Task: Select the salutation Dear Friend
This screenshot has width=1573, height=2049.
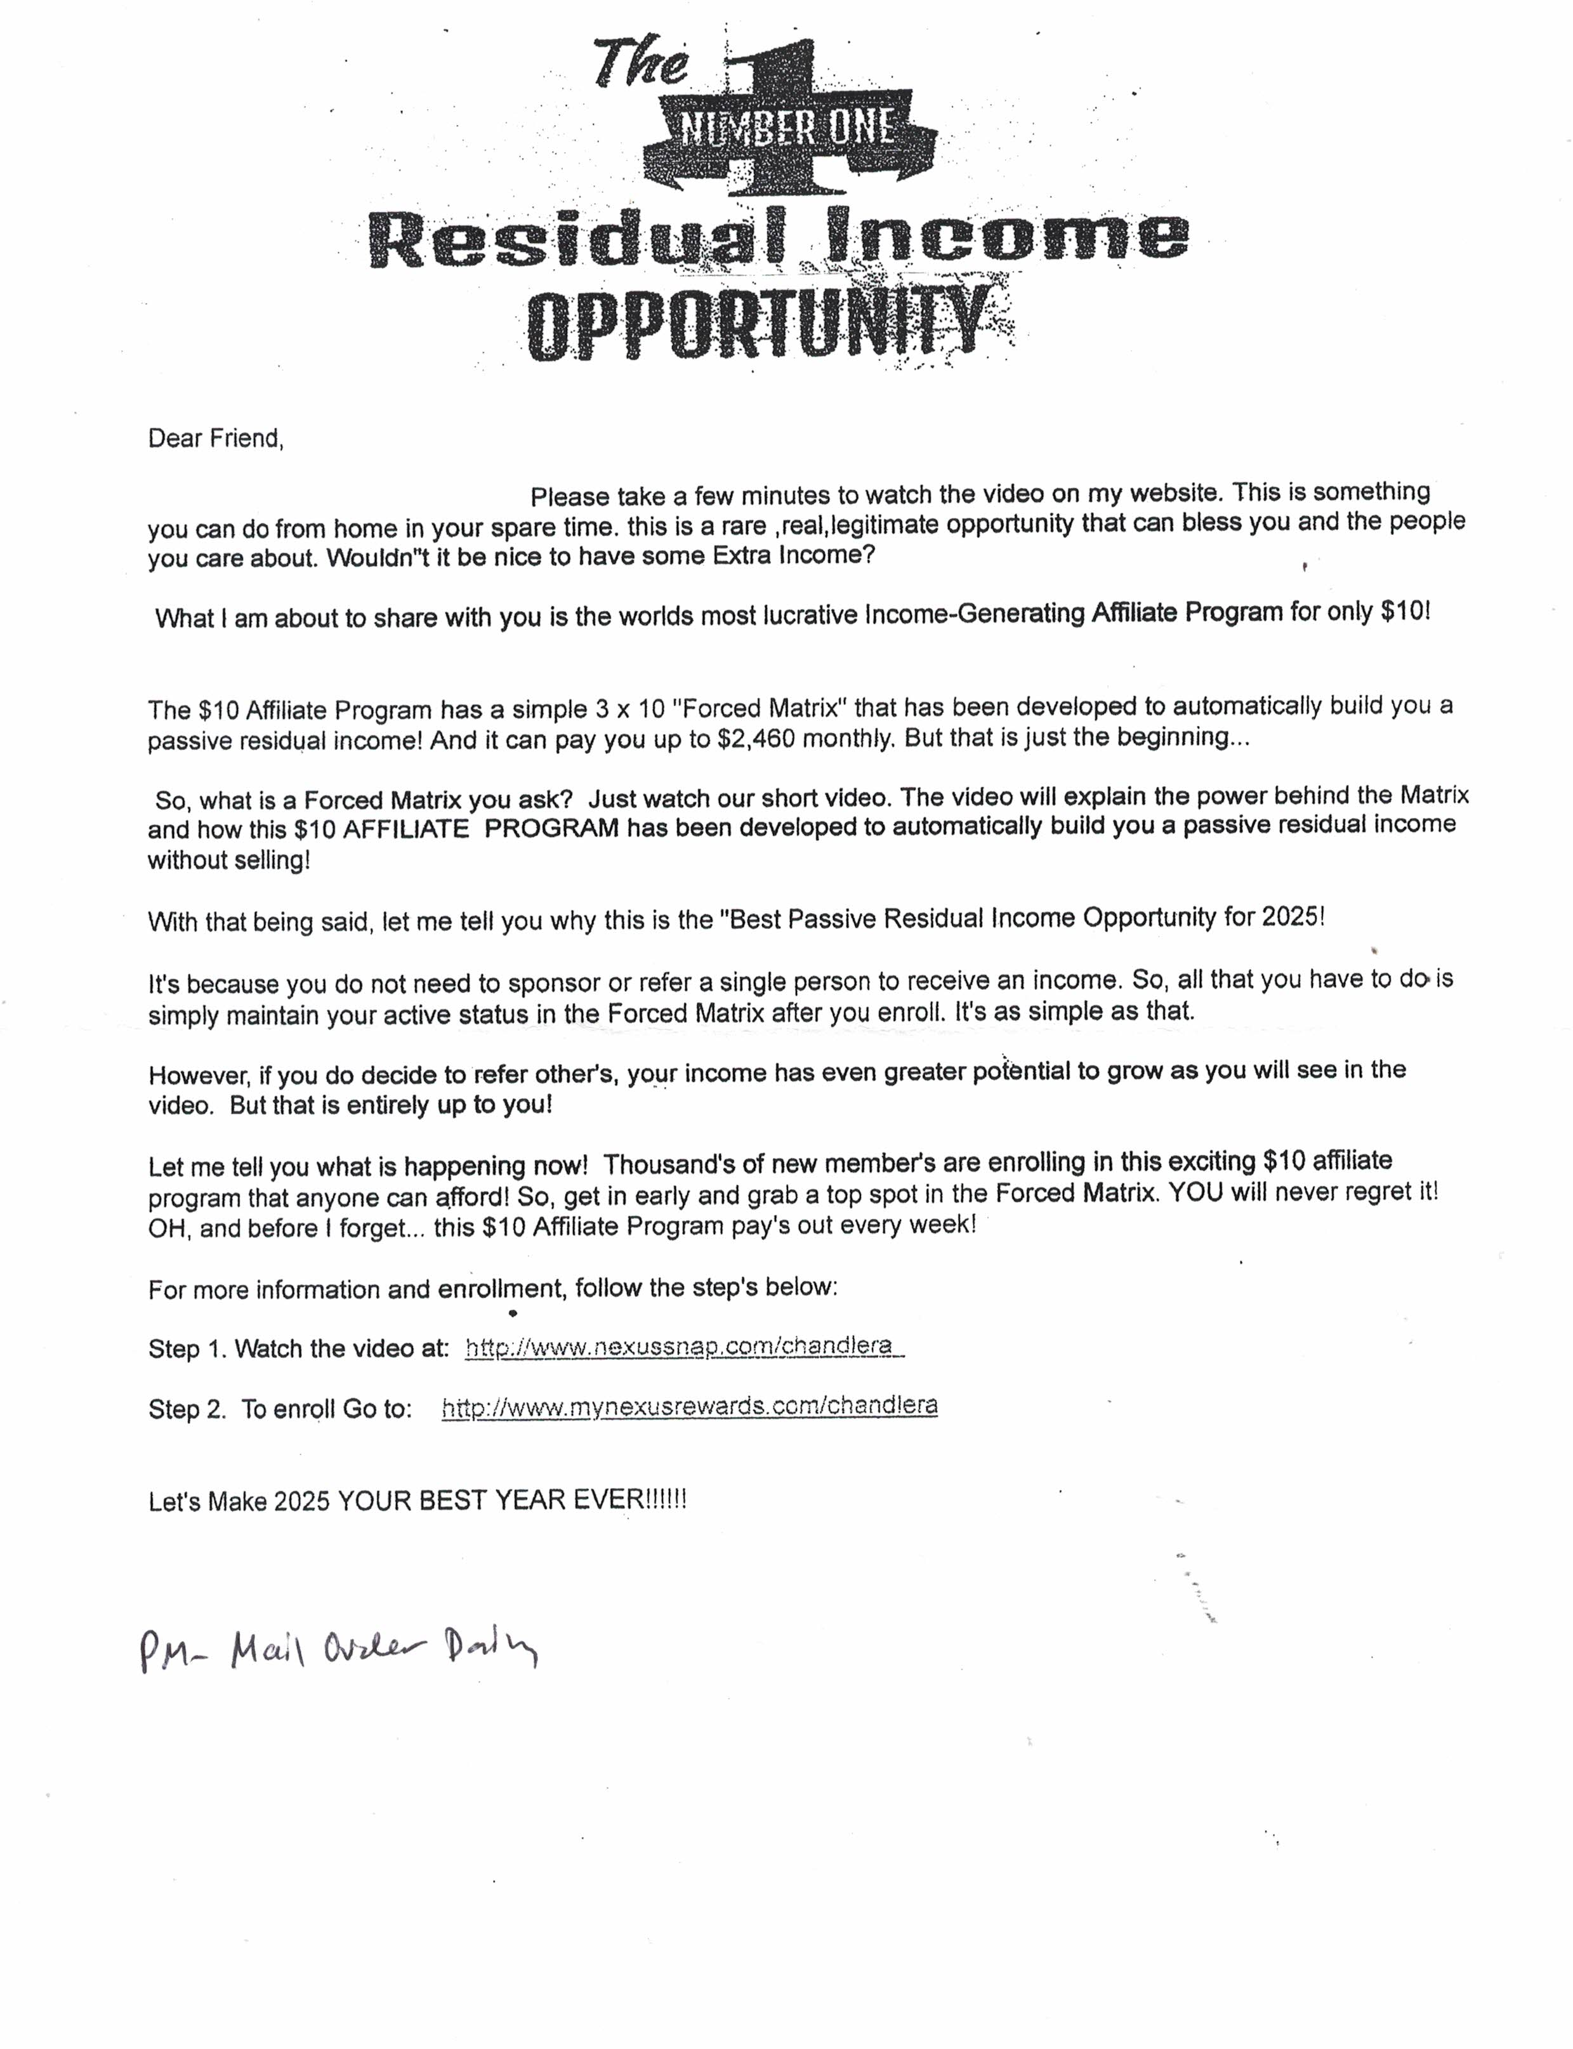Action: point(215,438)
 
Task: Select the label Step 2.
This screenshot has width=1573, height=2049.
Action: point(187,1409)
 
